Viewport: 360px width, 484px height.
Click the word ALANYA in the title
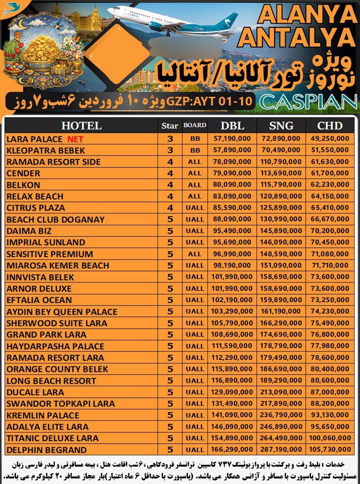[x=306, y=15]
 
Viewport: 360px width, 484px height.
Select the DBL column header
[x=232, y=126]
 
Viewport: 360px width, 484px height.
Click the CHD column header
[x=330, y=126]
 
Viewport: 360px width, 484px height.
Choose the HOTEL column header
[x=81, y=126]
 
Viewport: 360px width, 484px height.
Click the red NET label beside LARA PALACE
[x=75, y=139]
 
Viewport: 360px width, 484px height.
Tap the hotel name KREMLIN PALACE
[x=43, y=415]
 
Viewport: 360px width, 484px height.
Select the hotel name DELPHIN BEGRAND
[x=46, y=450]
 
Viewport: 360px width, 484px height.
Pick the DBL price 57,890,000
[x=232, y=150]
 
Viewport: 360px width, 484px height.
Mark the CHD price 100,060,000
[x=330, y=439]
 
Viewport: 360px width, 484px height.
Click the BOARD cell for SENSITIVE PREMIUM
[x=195, y=254]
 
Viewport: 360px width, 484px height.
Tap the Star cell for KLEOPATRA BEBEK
[x=170, y=150]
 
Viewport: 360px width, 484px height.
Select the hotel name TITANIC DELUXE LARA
[x=52, y=439]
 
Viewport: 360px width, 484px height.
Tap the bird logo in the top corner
[x=8, y=9]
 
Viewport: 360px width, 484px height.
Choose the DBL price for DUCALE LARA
[x=232, y=392]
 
